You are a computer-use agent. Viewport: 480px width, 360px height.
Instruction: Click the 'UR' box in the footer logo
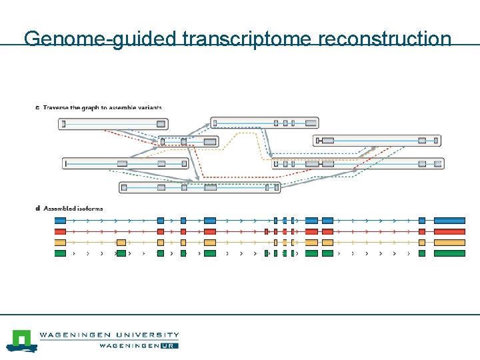pos(169,345)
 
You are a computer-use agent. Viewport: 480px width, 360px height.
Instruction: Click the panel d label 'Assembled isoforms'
pos(73,209)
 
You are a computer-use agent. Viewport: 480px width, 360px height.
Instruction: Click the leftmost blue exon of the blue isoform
pos(60,221)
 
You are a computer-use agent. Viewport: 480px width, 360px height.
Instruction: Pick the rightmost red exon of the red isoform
pos(449,232)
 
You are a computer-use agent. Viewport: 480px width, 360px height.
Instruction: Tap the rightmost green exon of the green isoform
pos(449,253)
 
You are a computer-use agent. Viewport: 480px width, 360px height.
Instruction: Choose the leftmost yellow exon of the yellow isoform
pos(60,243)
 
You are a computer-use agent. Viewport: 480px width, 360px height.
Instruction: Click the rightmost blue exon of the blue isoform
pos(449,221)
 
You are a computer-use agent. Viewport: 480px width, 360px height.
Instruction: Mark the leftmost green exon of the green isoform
pos(60,253)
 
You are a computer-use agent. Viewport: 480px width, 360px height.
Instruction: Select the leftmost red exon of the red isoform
pos(60,232)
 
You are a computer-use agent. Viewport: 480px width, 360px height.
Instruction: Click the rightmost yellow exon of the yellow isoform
pos(449,243)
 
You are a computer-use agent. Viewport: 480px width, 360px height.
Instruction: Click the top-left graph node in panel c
pos(113,124)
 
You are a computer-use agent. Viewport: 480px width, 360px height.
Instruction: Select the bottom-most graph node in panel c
pos(199,188)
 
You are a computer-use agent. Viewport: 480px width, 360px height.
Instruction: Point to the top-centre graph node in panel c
pos(265,123)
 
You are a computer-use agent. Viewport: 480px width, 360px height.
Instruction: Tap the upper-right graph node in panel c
pos(377,141)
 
